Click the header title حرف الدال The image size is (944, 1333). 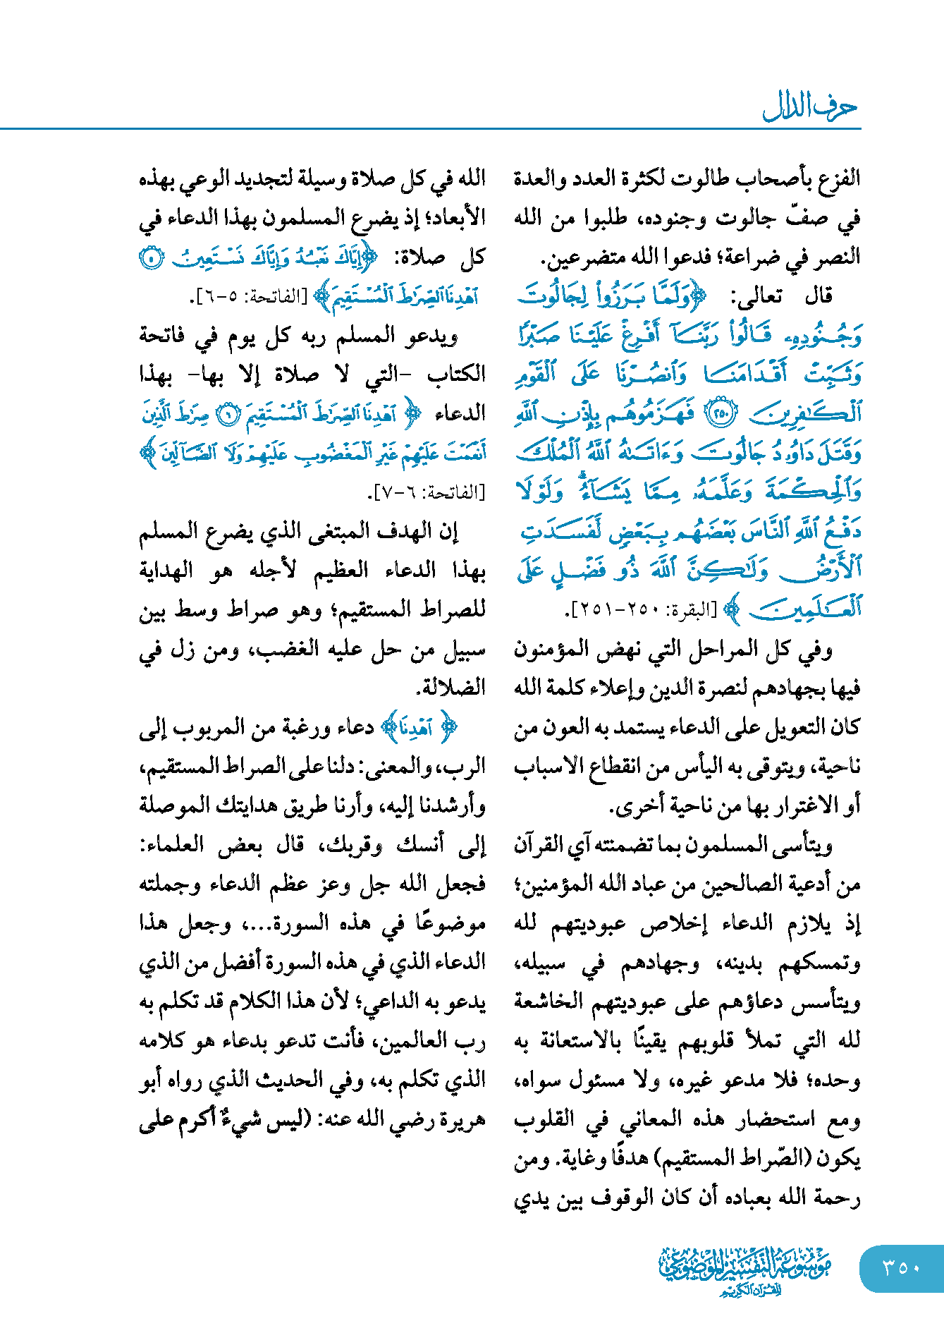[x=810, y=107]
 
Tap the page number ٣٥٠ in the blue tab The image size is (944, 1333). [x=902, y=1268]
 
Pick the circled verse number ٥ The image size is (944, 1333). [x=152, y=258]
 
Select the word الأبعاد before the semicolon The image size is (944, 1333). [x=454, y=217]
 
